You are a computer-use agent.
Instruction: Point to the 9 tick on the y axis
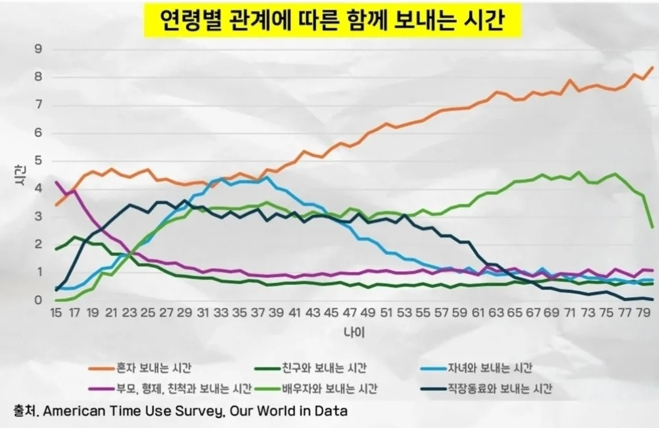tap(38, 49)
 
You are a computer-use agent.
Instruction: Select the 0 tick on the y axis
tap(38, 301)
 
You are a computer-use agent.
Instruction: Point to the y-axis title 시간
tap(19, 175)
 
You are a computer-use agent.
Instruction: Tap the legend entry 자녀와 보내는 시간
tap(489, 369)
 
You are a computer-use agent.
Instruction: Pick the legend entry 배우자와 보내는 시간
tap(329, 389)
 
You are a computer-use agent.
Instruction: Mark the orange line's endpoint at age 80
tap(653, 67)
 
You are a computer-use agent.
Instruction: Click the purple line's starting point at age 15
tap(56, 182)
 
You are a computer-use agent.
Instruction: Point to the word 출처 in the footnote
tap(25, 411)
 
